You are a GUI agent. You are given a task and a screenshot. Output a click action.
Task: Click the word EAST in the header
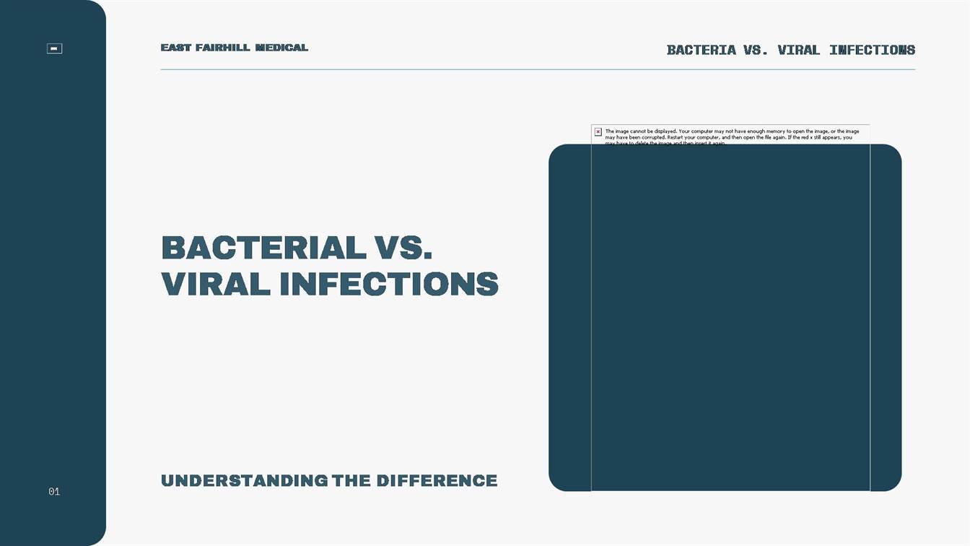tap(176, 48)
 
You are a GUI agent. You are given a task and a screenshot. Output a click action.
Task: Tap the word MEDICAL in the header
tap(281, 48)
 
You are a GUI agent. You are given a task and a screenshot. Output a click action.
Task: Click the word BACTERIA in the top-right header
tap(702, 50)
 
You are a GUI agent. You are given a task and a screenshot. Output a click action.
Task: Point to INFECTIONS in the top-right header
tap(872, 50)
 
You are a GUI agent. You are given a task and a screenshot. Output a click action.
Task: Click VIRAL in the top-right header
tap(798, 50)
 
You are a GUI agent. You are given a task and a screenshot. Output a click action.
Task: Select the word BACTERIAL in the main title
tap(263, 248)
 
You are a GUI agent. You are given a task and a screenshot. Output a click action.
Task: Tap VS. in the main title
tap(404, 248)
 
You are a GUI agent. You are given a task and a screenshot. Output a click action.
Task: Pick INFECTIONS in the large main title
tap(389, 283)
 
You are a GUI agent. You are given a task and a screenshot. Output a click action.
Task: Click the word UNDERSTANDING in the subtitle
tap(244, 481)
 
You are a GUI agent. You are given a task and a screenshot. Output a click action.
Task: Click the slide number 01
tap(54, 492)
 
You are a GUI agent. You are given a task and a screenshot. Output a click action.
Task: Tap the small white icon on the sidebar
tap(54, 48)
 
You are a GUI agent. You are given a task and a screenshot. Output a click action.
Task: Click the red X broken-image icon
tap(598, 131)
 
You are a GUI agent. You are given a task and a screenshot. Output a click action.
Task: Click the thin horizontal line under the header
tap(538, 69)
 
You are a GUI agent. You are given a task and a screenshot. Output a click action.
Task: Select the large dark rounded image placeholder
tap(725, 318)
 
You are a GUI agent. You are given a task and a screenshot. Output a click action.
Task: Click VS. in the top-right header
tap(756, 50)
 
